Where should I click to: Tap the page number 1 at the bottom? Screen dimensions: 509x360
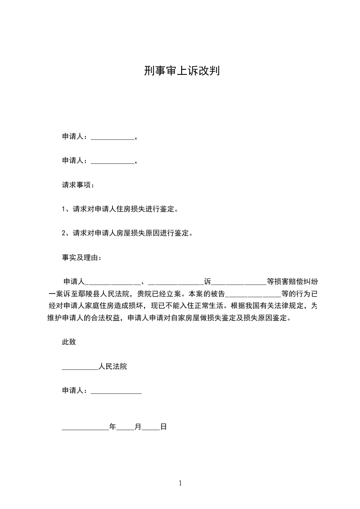[x=180, y=483]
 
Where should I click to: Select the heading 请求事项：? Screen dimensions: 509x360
[x=79, y=185]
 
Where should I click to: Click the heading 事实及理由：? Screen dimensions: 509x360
[x=82, y=258]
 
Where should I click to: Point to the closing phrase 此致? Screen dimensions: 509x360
[x=69, y=342]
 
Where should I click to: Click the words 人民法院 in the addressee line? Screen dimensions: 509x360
[x=113, y=367]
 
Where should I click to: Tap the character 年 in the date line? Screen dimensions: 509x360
[x=113, y=426]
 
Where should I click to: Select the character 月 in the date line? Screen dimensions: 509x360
[x=138, y=426]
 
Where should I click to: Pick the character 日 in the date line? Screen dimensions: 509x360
[x=163, y=426]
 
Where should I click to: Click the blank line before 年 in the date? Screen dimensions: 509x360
[x=85, y=428]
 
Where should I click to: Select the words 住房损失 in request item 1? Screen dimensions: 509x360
[x=134, y=209]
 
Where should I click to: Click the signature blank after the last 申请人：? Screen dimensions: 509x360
[x=116, y=392]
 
